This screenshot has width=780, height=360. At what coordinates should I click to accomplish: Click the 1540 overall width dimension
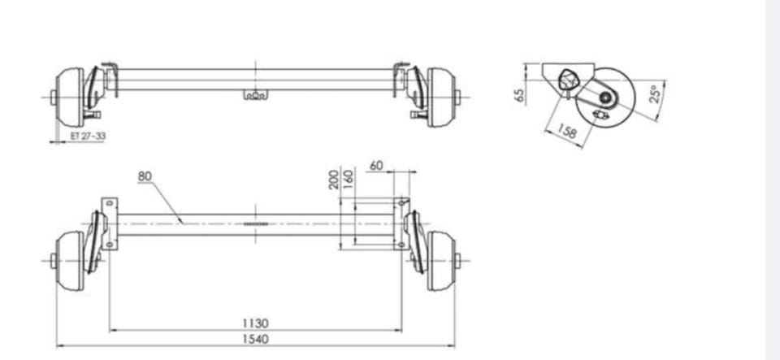click(x=256, y=339)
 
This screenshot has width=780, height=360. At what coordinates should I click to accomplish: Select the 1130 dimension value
click(x=256, y=323)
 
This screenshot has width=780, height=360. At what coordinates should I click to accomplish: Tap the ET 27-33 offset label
click(x=88, y=136)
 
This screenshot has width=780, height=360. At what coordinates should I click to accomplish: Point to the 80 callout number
click(x=145, y=176)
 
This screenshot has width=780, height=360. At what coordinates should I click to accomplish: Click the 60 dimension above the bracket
click(x=376, y=165)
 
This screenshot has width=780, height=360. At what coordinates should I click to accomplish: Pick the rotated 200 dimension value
click(x=334, y=180)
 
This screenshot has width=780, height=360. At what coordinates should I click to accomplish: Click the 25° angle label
click(x=656, y=93)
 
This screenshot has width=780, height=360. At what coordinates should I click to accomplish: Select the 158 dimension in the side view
click(x=566, y=132)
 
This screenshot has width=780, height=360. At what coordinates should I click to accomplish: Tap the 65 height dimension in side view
click(x=519, y=95)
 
